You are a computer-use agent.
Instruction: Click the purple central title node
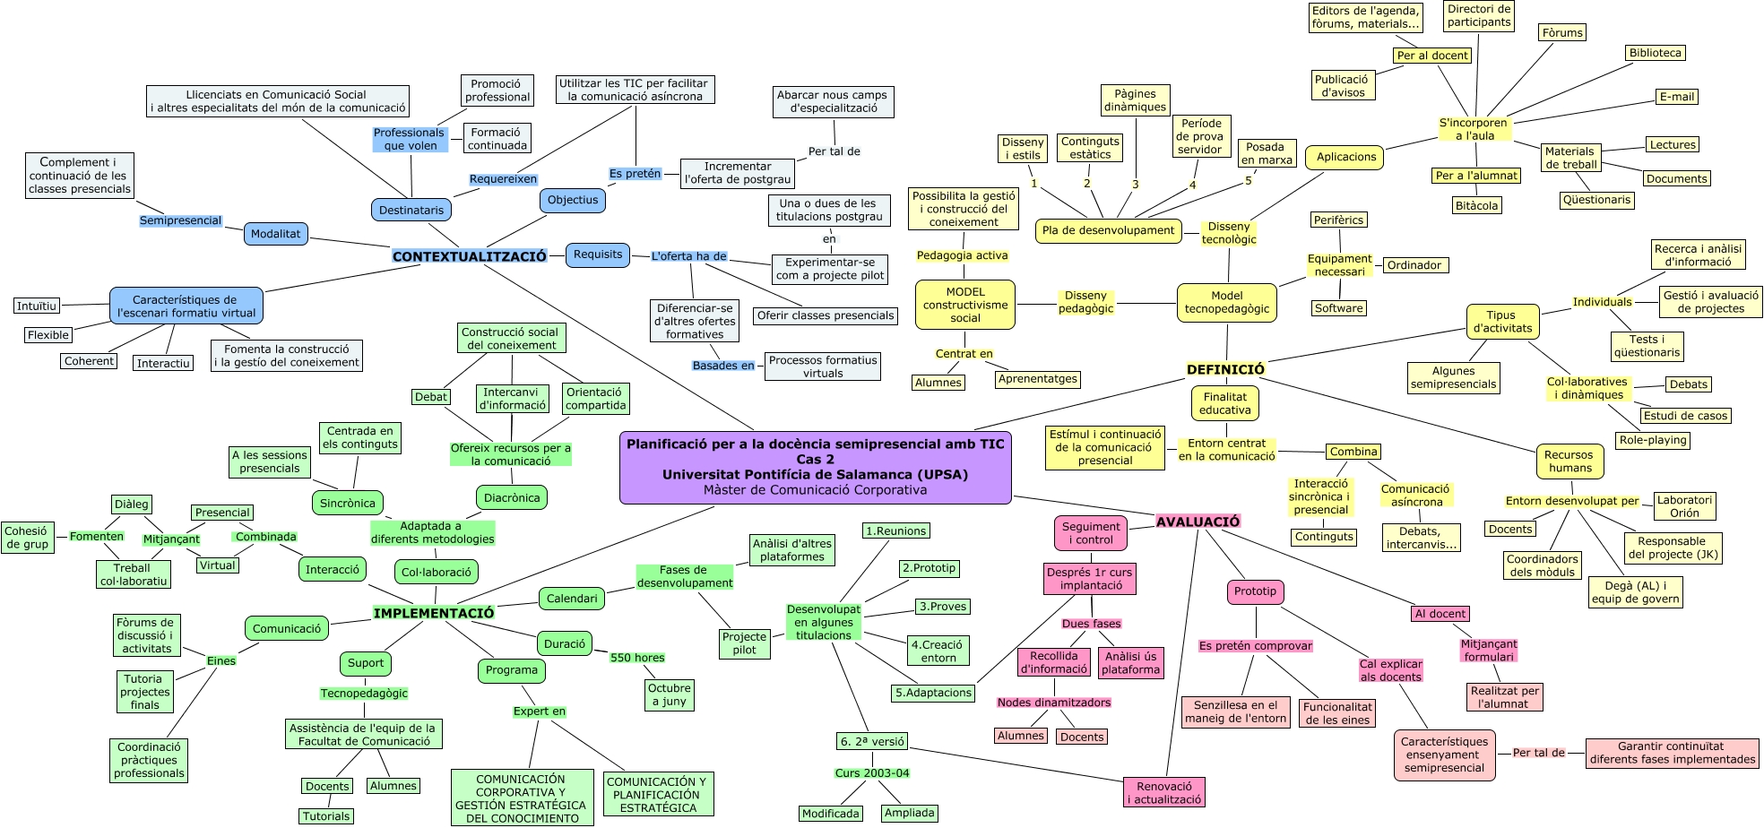point(815,467)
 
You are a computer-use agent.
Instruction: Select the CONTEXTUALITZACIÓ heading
point(469,256)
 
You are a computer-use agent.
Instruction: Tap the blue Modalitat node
point(276,234)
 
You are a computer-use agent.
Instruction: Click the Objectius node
point(573,200)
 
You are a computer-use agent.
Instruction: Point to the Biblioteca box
point(1655,53)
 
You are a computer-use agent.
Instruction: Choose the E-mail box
point(1676,97)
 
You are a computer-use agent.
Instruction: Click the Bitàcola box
point(1476,206)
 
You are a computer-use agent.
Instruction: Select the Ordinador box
point(1414,265)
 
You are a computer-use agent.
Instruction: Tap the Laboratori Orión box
point(1683,506)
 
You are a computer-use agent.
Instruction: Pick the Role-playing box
point(1653,440)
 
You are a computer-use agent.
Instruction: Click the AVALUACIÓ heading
point(1198,522)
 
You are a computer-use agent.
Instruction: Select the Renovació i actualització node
point(1164,792)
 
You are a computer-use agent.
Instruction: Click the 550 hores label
point(637,658)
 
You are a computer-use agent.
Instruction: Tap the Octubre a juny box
point(670,694)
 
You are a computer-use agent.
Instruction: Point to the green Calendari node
point(572,598)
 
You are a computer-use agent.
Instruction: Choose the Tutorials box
point(326,816)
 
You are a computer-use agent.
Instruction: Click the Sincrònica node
point(348,503)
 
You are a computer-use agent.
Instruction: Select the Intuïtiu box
point(37,306)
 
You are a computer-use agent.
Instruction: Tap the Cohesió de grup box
point(27,537)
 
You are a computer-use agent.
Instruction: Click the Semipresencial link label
point(180,220)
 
